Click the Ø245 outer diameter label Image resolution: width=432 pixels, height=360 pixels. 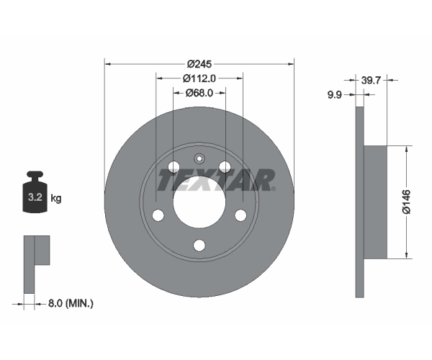[199, 64]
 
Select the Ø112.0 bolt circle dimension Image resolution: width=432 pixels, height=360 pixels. [199, 78]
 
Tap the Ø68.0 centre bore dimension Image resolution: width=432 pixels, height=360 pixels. [199, 93]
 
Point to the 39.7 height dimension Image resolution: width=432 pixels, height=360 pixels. [371, 81]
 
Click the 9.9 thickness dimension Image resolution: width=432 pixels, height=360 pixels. [334, 95]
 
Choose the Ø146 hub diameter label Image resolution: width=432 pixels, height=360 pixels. [406, 202]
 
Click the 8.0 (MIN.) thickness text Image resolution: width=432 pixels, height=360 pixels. [71, 304]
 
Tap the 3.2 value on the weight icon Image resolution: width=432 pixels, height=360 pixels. [35, 197]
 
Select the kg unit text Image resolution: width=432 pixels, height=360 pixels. [56, 198]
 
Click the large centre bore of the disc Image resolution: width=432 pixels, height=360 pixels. [199, 202]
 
